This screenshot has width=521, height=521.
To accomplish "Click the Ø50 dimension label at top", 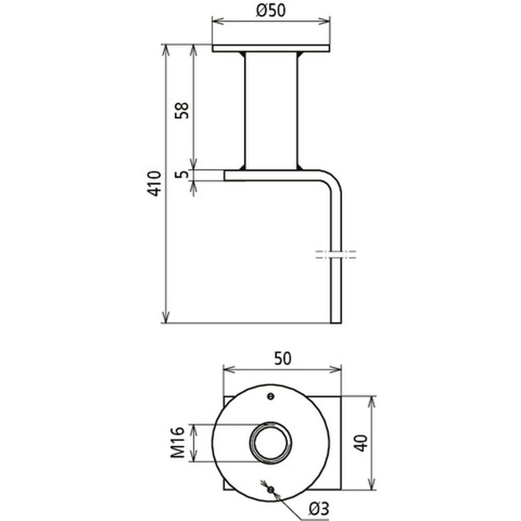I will coord(271,10).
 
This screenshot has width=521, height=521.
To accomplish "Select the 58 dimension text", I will coord(182,110).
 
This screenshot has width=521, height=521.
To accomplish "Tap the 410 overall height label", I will coord(154,183).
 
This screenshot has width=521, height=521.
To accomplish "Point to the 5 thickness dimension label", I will coord(182,175).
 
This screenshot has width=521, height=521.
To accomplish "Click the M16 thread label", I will coord(178,442).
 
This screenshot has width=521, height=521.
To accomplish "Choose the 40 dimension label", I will coord(361,443).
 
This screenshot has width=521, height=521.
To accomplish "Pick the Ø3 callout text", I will coord(318,508).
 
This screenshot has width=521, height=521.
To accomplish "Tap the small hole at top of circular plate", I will coord(270,396).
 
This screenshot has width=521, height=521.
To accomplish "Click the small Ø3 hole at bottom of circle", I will coord(270,489).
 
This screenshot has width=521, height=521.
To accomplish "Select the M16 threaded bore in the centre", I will coord(270,442).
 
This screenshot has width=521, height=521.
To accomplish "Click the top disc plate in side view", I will coord(271,48).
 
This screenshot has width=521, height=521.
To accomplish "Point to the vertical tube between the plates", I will coord(271,110).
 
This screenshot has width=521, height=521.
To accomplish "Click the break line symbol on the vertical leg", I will coord(336,255).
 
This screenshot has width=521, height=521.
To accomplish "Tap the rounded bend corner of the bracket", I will coord(333,179).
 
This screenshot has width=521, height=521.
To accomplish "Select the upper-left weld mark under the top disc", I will coord(242,54).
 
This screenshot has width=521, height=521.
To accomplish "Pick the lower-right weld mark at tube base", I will coord(300,167).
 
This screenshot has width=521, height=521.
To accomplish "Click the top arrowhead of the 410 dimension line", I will coord(166,49).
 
